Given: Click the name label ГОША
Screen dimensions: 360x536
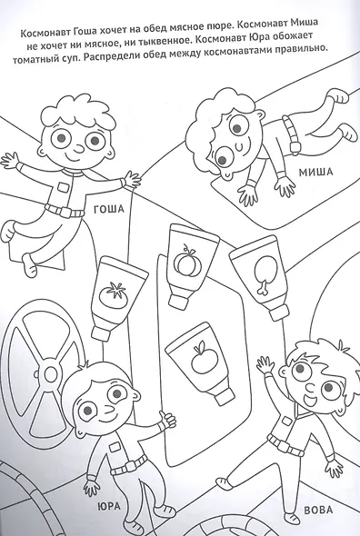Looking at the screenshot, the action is pos(108,209).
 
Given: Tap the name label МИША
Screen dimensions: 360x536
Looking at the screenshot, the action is pos(315,172).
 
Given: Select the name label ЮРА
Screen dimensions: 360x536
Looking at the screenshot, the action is pos(109,506).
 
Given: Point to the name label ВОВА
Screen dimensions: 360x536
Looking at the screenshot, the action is pos(318,510).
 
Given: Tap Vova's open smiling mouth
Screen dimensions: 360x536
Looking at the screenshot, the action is pos(310,400).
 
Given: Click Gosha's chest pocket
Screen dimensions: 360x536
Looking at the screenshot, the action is pos(64,186).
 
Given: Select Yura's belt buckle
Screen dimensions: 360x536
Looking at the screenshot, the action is pos(130,465).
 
